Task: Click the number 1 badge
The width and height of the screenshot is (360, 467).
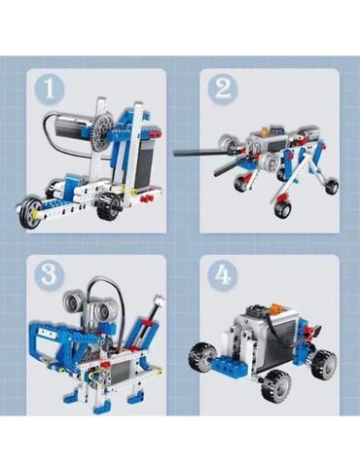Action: click(x=50, y=89)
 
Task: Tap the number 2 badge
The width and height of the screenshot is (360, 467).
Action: click(x=223, y=89)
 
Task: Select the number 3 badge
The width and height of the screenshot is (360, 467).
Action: click(x=50, y=274)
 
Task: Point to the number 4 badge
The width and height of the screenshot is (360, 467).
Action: click(x=223, y=274)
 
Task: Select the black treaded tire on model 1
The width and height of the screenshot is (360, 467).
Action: click(x=111, y=206)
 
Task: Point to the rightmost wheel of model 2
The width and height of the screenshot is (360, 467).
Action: click(x=331, y=187)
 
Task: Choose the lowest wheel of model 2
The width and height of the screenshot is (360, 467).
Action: click(x=282, y=209)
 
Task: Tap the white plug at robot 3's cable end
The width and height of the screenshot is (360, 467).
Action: click(x=159, y=301)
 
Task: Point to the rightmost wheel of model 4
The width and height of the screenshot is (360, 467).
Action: click(x=324, y=363)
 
